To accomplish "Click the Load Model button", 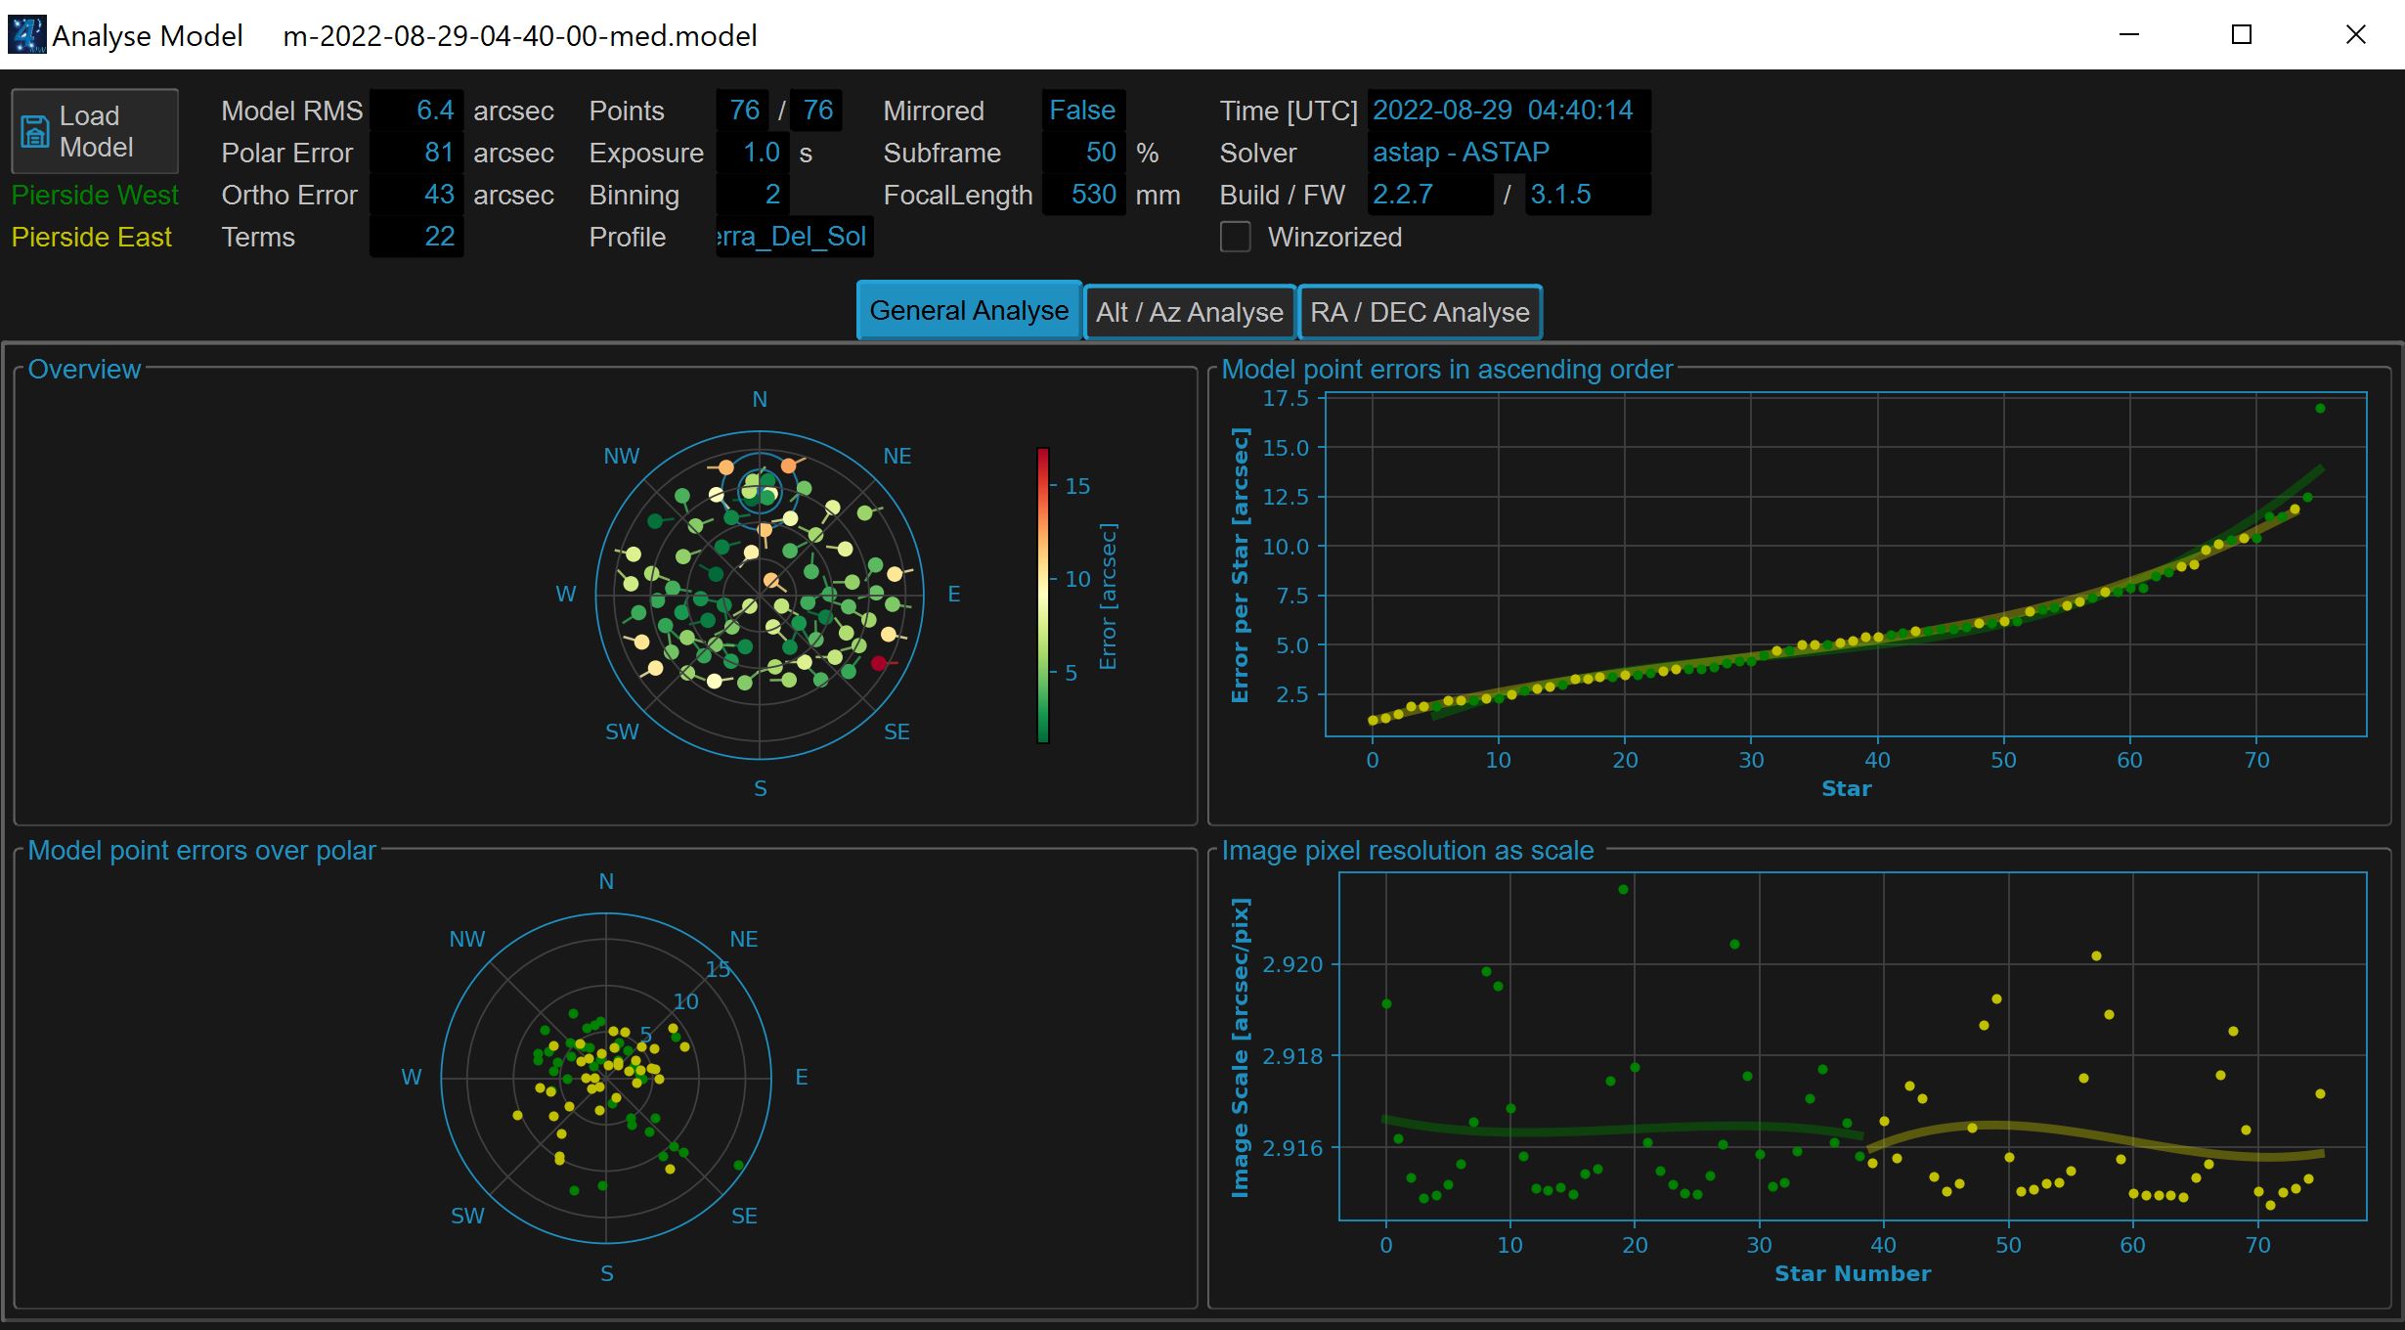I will [x=95, y=131].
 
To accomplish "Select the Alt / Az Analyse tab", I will [x=1189, y=312].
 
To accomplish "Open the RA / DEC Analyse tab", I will [x=1420, y=312].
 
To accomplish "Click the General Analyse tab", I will [x=969, y=311].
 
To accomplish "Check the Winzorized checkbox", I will [x=1236, y=237].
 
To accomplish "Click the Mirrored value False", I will [x=1081, y=111].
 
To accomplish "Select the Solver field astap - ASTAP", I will [x=1461, y=153].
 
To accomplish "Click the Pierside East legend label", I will [x=92, y=237].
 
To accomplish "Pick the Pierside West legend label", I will [x=95, y=195].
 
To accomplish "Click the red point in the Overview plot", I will [x=879, y=663].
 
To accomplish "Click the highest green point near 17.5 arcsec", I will [x=2320, y=409].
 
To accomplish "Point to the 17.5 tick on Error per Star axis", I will [x=1285, y=398].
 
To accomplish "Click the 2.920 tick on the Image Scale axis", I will [x=1292, y=964].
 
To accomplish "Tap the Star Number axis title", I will [x=1853, y=1273].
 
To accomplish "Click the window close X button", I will [x=2356, y=35].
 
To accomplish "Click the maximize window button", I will [x=2242, y=35].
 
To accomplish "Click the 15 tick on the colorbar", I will [x=1077, y=486].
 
